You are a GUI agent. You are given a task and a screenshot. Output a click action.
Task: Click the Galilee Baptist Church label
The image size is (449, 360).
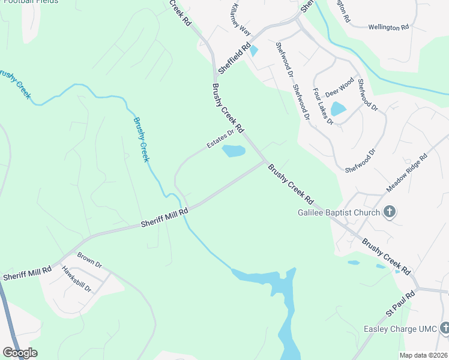click(x=339, y=212)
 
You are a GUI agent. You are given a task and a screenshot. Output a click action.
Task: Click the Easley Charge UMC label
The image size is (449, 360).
click(x=400, y=329)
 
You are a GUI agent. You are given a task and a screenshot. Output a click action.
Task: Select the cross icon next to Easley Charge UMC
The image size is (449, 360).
click(x=444, y=328)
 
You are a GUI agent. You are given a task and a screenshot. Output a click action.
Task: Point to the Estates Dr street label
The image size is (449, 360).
click(x=220, y=140)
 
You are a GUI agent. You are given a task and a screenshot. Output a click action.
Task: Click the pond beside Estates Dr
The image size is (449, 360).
click(x=234, y=151)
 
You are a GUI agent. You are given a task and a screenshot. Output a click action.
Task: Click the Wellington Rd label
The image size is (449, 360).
click(x=388, y=27)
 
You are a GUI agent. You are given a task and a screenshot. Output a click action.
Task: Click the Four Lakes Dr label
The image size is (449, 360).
click(x=322, y=106)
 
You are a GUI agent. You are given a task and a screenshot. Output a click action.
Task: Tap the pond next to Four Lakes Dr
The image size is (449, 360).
click(x=338, y=109)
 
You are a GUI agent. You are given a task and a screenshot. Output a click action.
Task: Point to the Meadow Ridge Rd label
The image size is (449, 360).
click(x=406, y=173)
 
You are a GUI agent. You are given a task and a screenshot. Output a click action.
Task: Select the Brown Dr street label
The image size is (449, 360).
click(x=90, y=260)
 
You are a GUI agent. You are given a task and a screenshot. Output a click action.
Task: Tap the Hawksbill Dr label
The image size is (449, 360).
click(x=76, y=280)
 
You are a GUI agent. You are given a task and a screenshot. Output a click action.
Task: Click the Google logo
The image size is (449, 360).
click(x=20, y=353)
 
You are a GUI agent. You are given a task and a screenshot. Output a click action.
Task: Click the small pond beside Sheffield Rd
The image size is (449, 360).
click(x=253, y=51)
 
